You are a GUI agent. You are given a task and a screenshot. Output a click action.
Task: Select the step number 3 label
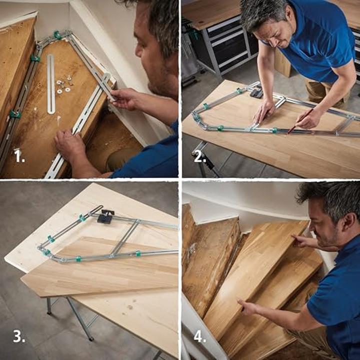pyautogui.click(x=19, y=337)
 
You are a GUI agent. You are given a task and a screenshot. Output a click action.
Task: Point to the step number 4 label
pyautogui.click(x=199, y=337)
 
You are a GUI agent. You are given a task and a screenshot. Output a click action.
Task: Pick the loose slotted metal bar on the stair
pyautogui.click(x=50, y=83)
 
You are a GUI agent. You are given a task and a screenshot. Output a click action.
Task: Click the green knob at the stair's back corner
pyautogui.click(x=58, y=35)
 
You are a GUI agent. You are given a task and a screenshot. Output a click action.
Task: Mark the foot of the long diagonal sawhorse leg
pyautogui.click(x=92, y=338)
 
